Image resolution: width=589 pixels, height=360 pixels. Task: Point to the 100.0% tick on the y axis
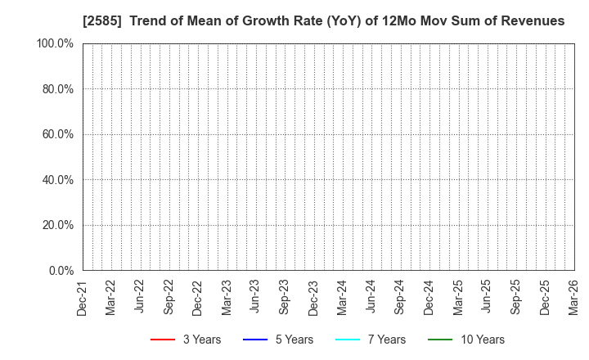(55, 43)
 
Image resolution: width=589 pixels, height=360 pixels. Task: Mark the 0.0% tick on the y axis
(60, 270)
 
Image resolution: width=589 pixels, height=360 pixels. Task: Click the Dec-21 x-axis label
(83, 297)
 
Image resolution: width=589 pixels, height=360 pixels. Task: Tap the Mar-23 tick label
(227, 297)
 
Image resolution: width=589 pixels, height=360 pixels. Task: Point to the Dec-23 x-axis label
(313, 297)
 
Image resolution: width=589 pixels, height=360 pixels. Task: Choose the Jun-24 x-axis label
(371, 297)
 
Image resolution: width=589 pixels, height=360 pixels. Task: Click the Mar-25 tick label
(457, 297)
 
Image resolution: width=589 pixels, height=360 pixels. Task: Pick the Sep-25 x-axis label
(515, 297)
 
